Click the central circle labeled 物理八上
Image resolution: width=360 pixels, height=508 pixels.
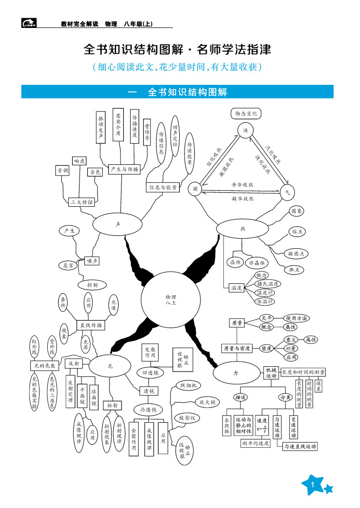pyautogui.click(x=171, y=299)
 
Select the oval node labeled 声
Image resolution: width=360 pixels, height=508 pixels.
pyautogui.click(x=118, y=224)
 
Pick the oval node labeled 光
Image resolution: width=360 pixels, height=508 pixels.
pyautogui.click(x=110, y=366)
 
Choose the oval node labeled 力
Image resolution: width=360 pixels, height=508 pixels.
pyautogui.click(x=236, y=373)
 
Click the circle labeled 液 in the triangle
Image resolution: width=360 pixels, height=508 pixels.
pyautogui.click(x=245, y=131)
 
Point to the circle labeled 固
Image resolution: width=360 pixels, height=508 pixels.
pyautogui.click(x=195, y=189)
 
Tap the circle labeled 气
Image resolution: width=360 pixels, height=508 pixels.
pyautogui.click(x=287, y=192)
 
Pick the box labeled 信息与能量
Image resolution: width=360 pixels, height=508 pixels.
pyautogui.click(x=163, y=187)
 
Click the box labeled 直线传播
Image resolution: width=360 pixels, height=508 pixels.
pyautogui.click(x=91, y=325)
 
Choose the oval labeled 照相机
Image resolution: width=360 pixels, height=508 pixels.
pyautogui.click(x=188, y=386)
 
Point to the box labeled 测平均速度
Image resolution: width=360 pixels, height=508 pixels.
pyautogui.click(x=255, y=444)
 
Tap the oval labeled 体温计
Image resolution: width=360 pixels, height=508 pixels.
pyautogui.click(x=266, y=302)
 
